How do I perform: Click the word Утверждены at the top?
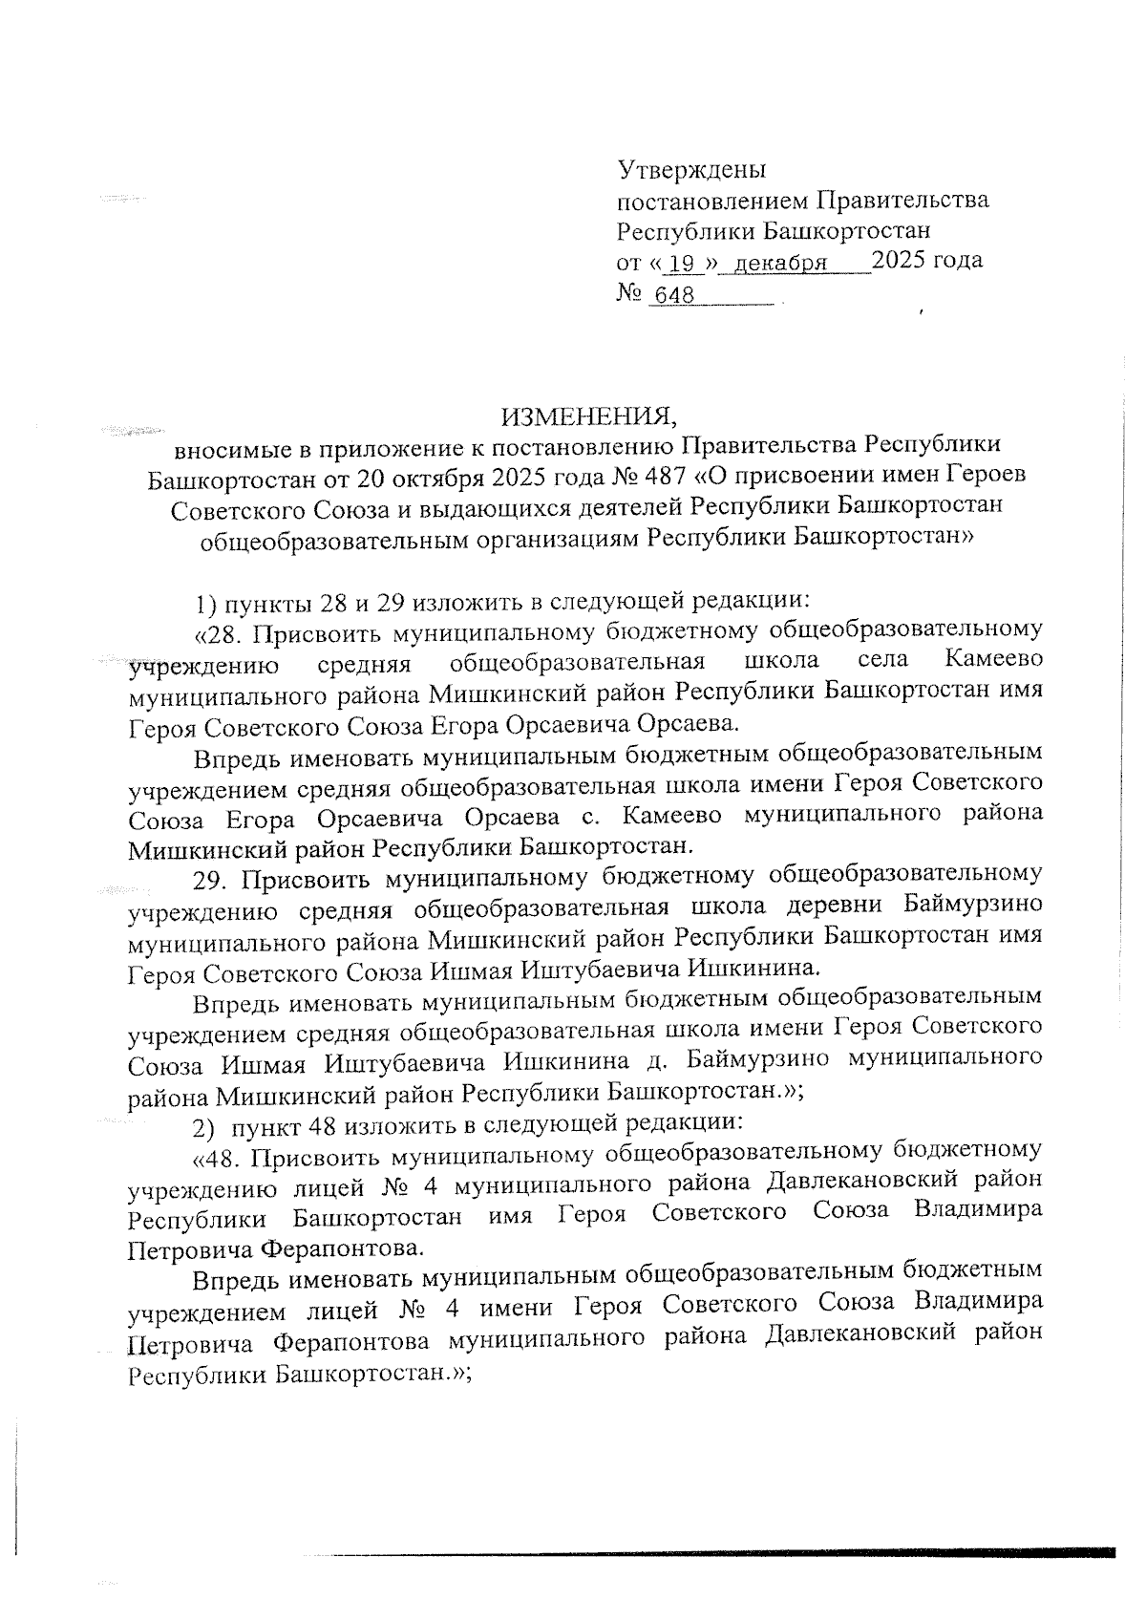tap(691, 170)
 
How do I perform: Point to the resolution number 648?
tap(674, 296)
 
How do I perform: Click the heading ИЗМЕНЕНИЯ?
tap(588, 416)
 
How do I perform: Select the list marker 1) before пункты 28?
tap(206, 603)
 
